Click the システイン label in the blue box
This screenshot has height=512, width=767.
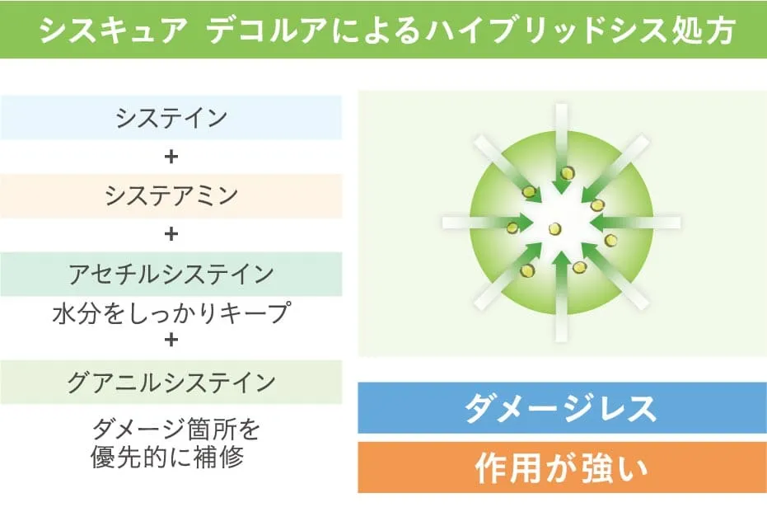pos(171,118)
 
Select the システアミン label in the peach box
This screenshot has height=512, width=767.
pos(171,195)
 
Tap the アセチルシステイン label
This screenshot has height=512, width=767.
pos(171,274)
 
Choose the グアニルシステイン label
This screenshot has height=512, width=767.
pos(171,383)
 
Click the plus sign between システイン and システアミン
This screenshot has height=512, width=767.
pos(171,157)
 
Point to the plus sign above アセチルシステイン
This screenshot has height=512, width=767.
pos(171,234)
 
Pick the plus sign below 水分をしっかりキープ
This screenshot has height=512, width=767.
pos(171,339)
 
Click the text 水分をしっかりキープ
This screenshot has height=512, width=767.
pos(171,313)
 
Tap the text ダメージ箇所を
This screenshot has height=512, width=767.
pos(175,430)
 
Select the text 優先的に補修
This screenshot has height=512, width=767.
pos(167,457)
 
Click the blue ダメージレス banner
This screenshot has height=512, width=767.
pos(562,408)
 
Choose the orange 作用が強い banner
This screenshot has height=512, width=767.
pos(562,467)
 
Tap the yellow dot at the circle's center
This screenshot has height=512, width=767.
pos(554,228)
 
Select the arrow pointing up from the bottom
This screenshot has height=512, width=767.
pos(562,297)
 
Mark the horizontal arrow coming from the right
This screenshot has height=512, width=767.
pos(635,223)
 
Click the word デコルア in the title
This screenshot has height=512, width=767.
pos(267,31)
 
